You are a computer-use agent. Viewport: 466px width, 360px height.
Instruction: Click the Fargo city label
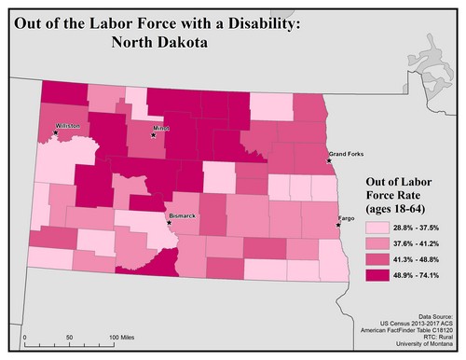(x=346, y=217)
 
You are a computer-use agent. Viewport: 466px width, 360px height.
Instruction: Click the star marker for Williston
(x=56, y=132)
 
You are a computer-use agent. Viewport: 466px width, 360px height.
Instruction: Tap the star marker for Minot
(x=155, y=136)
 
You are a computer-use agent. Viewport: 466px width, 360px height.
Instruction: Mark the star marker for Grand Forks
(x=329, y=160)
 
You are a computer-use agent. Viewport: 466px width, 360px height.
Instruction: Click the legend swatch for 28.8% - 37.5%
(x=377, y=227)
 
